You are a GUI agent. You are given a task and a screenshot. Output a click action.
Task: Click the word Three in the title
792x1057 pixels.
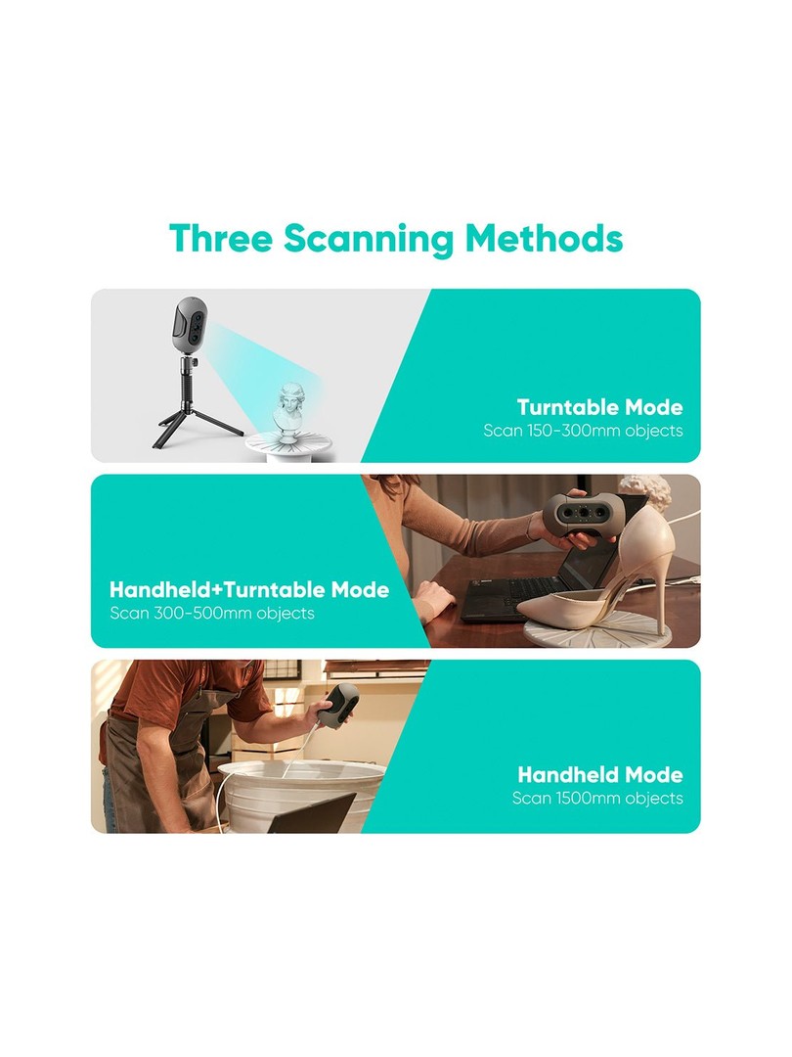pyautogui.click(x=220, y=238)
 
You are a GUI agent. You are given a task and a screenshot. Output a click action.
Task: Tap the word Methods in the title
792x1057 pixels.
pyautogui.click(x=545, y=238)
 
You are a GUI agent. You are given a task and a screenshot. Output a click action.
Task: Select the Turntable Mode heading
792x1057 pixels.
pyautogui.click(x=599, y=407)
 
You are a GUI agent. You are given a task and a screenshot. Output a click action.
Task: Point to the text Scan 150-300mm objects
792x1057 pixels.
pyautogui.click(x=583, y=431)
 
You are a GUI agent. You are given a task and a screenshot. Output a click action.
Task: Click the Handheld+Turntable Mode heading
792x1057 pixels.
pyautogui.click(x=249, y=590)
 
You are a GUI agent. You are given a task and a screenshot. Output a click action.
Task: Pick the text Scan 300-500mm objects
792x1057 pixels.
pyautogui.click(x=212, y=614)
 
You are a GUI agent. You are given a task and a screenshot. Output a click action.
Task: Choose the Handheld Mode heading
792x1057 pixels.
pyautogui.click(x=600, y=774)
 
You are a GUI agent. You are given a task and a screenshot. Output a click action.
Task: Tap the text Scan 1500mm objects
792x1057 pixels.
pyautogui.click(x=597, y=799)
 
